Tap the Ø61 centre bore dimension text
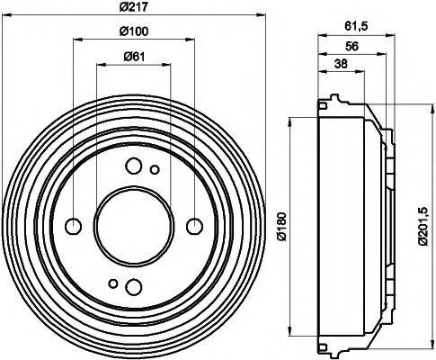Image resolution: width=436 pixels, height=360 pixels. coord(133,58)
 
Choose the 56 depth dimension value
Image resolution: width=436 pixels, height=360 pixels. coord(351,47)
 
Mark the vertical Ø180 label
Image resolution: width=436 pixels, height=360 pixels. coord(280,222)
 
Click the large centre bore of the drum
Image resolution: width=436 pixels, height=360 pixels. coord(133,225)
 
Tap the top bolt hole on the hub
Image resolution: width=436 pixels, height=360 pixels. coord(133,165)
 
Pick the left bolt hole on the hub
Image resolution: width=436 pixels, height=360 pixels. coord(73,225)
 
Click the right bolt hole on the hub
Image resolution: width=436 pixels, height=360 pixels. coord(193,225)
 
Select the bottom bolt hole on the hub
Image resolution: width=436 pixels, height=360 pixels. coord(133,286)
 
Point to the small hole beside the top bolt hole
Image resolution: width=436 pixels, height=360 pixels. coord(155,169)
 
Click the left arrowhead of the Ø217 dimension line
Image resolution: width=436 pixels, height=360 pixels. coord(5,16)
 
